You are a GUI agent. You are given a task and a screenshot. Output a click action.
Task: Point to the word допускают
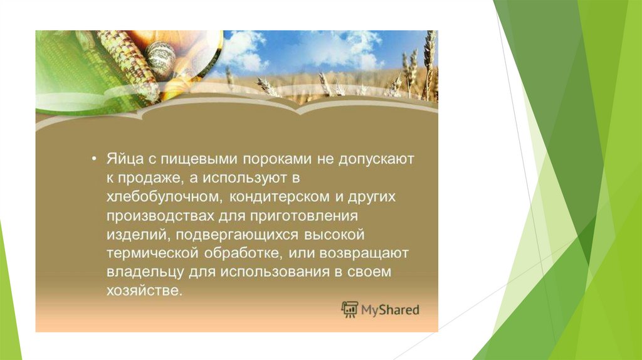click(376, 159)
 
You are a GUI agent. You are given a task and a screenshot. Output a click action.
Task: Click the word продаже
click(149, 179)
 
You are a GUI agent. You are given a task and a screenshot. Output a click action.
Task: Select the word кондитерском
click(279, 196)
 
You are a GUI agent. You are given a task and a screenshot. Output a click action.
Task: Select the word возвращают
click(364, 253)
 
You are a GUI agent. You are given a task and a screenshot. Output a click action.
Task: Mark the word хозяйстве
click(144, 290)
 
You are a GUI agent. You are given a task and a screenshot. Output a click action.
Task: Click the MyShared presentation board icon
click(349, 309)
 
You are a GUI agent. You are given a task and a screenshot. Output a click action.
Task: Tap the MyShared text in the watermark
click(390, 310)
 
